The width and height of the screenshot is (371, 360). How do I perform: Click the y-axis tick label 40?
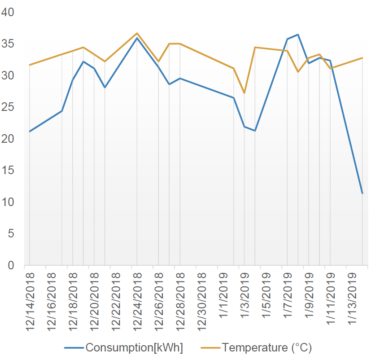point(9,12)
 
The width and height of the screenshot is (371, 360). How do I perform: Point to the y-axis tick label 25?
point(9,107)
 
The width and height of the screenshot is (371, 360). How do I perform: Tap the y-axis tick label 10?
point(9,202)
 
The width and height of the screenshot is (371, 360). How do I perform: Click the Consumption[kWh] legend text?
point(134,347)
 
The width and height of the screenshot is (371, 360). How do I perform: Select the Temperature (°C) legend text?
point(266,347)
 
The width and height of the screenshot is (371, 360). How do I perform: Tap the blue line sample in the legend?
point(74,348)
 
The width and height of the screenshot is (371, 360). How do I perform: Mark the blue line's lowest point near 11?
point(362,193)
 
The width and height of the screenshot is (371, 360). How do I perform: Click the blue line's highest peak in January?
point(298,35)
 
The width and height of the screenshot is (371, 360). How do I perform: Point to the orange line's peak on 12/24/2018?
point(137,33)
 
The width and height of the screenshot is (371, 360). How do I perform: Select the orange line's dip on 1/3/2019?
point(244,93)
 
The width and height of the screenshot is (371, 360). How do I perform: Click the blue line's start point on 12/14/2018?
point(30,132)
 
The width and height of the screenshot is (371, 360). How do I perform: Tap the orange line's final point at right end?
point(362,58)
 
